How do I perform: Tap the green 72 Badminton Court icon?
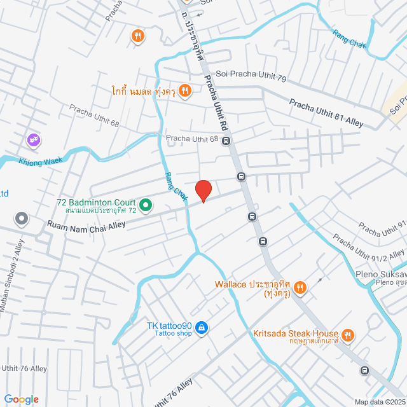(x=145, y=205)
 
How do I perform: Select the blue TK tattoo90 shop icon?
(x=201, y=328)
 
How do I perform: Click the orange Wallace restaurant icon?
(x=301, y=288)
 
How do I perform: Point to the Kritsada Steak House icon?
(x=347, y=335)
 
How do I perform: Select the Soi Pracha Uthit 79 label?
(x=251, y=74)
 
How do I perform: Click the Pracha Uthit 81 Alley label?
(x=326, y=113)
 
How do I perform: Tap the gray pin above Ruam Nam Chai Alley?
(x=22, y=219)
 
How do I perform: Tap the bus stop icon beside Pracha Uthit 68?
(x=226, y=141)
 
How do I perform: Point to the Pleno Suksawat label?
(x=380, y=275)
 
